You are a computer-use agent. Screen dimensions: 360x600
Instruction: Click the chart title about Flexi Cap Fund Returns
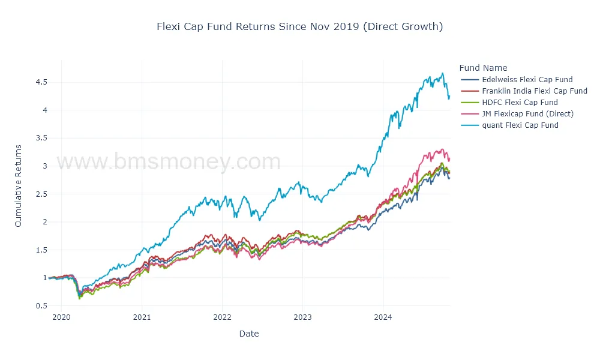click(299, 26)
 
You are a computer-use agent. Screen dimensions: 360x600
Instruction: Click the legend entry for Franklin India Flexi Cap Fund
click(534, 91)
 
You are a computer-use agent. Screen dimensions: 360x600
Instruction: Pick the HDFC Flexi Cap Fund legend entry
click(520, 102)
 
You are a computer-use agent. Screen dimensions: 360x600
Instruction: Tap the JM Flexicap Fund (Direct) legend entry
click(527, 113)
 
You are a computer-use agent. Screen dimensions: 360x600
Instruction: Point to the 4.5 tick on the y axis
click(41, 82)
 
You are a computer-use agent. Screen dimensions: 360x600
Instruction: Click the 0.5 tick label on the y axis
click(41, 306)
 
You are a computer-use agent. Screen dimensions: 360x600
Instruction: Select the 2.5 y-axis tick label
click(41, 194)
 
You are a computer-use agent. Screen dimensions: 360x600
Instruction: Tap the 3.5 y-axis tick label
click(41, 138)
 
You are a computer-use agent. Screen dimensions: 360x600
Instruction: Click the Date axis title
click(248, 334)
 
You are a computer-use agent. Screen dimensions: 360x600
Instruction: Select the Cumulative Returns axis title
click(18, 185)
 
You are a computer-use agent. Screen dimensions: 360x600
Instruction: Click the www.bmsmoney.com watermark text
click(168, 162)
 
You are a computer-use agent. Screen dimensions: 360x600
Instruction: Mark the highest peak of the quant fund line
click(442, 73)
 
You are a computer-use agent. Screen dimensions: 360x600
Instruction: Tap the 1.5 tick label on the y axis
click(41, 250)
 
